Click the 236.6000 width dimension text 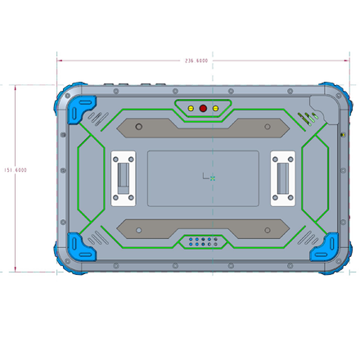coord(196,61)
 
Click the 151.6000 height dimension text coord(16,170)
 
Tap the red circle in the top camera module coord(203,108)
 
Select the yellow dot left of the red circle coord(191,108)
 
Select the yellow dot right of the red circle coord(215,108)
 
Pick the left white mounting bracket coord(124,178)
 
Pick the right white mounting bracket coord(283,178)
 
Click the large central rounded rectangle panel coord(203,178)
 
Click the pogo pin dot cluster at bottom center coord(203,241)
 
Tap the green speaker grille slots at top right coord(308,118)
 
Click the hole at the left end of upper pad coord(139,127)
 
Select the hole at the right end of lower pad coord(268,231)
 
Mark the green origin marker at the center coord(213,178)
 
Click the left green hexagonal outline coord(92,178)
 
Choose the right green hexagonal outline coord(315,178)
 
